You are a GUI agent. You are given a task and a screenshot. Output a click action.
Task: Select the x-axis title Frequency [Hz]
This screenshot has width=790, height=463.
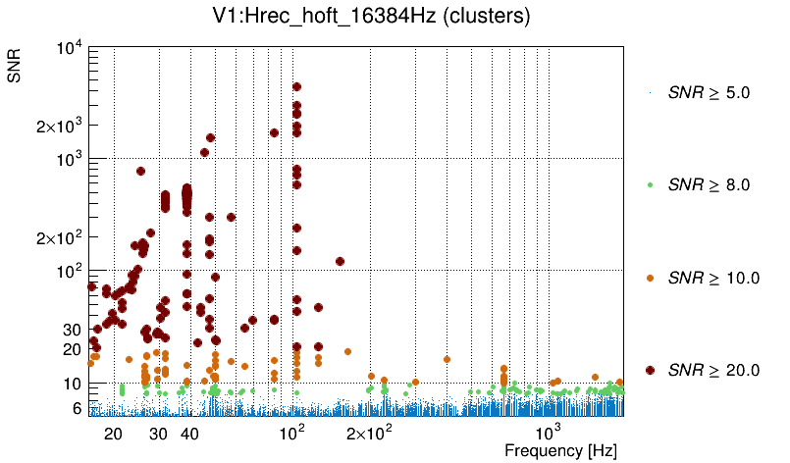(x=560, y=450)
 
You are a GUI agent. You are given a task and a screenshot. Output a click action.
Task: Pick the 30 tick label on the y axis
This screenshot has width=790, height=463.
(x=70, y=330)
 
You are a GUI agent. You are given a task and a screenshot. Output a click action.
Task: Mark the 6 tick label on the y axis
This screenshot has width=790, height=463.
(x=74, y=408)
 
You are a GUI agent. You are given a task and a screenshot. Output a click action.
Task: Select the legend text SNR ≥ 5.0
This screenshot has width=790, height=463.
(x=709, y=93)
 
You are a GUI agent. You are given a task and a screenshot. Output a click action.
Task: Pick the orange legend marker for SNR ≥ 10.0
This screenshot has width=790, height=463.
(x=651, y=278)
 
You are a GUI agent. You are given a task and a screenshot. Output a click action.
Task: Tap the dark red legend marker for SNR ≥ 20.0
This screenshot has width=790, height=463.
(x=651, y=370)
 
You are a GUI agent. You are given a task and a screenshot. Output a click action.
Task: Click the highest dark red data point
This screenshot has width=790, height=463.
(x=296, y=87)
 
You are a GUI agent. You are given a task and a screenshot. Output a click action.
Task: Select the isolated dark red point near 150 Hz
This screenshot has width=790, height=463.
(x=340, y=261)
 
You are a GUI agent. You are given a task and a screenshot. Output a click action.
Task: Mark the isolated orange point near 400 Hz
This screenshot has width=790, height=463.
(x=447, y=359)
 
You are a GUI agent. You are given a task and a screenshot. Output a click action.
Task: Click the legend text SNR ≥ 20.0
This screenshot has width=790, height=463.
(x=713, y=370)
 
